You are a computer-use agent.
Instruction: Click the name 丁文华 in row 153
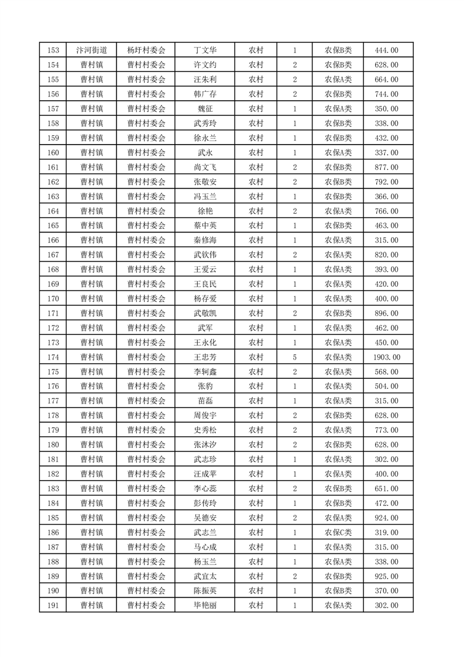point(205,50)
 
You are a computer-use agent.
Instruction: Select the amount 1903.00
point(386,357)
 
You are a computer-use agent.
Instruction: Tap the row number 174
point(53,357)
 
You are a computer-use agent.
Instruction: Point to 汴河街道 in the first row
point(91,50)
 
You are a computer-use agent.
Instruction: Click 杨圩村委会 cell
point(146,50)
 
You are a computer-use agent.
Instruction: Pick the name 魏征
point(205,109)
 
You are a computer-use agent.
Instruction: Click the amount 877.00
point(386,167)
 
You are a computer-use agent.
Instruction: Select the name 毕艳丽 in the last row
point(205,606)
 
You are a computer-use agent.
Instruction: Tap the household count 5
point(294,357)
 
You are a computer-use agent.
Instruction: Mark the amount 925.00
point(386,577)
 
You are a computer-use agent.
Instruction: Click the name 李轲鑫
point(205,372)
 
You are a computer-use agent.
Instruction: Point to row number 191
point(53,606)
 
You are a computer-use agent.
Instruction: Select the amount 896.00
point(386,313)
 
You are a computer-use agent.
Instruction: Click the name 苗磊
point(205,401)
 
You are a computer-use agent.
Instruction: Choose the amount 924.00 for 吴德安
point(386,518)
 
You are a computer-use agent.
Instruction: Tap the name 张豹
point(205,386)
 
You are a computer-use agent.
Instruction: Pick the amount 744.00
point(386,94)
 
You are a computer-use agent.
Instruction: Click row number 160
point(53,153)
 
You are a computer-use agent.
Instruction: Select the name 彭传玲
point(205,504)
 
